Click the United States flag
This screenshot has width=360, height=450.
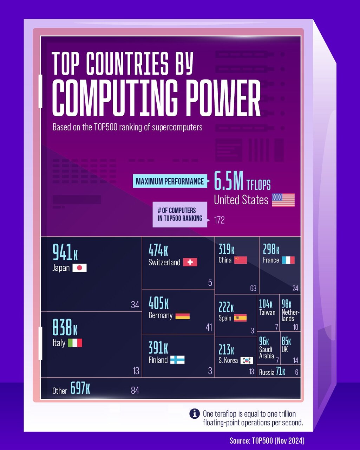tap(283, 200)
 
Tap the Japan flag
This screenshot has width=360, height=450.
tap(79, 268)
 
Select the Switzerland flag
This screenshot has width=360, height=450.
tap(190, 262)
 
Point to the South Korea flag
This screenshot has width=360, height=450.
tap(247, 360)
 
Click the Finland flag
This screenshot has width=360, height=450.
tap(177, 360)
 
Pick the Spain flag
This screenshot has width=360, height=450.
tap(240, 318)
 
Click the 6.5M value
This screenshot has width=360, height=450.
tap(229, 181)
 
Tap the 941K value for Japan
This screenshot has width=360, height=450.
tap(65, 252)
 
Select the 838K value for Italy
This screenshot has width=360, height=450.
tap(65, 327)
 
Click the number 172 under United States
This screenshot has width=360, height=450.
tap(219, 220)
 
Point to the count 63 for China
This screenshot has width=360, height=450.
tap(253, 289)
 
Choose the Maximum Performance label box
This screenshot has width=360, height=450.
tap(170, 181)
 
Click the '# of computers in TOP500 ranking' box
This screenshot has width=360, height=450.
tap(180, 214)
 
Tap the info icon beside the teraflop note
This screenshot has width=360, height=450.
tap(195, 414)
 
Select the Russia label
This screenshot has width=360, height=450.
tap(267, 372)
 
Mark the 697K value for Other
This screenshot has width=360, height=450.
tap(80, 388)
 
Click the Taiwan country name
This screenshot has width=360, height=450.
tap(267, 312)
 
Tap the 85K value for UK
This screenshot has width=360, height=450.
tap(286, 341)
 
